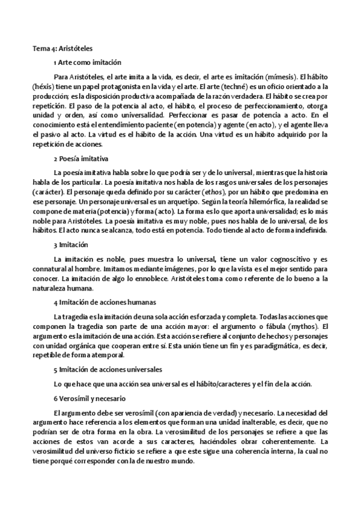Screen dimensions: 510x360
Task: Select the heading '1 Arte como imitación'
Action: pos(87,63)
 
